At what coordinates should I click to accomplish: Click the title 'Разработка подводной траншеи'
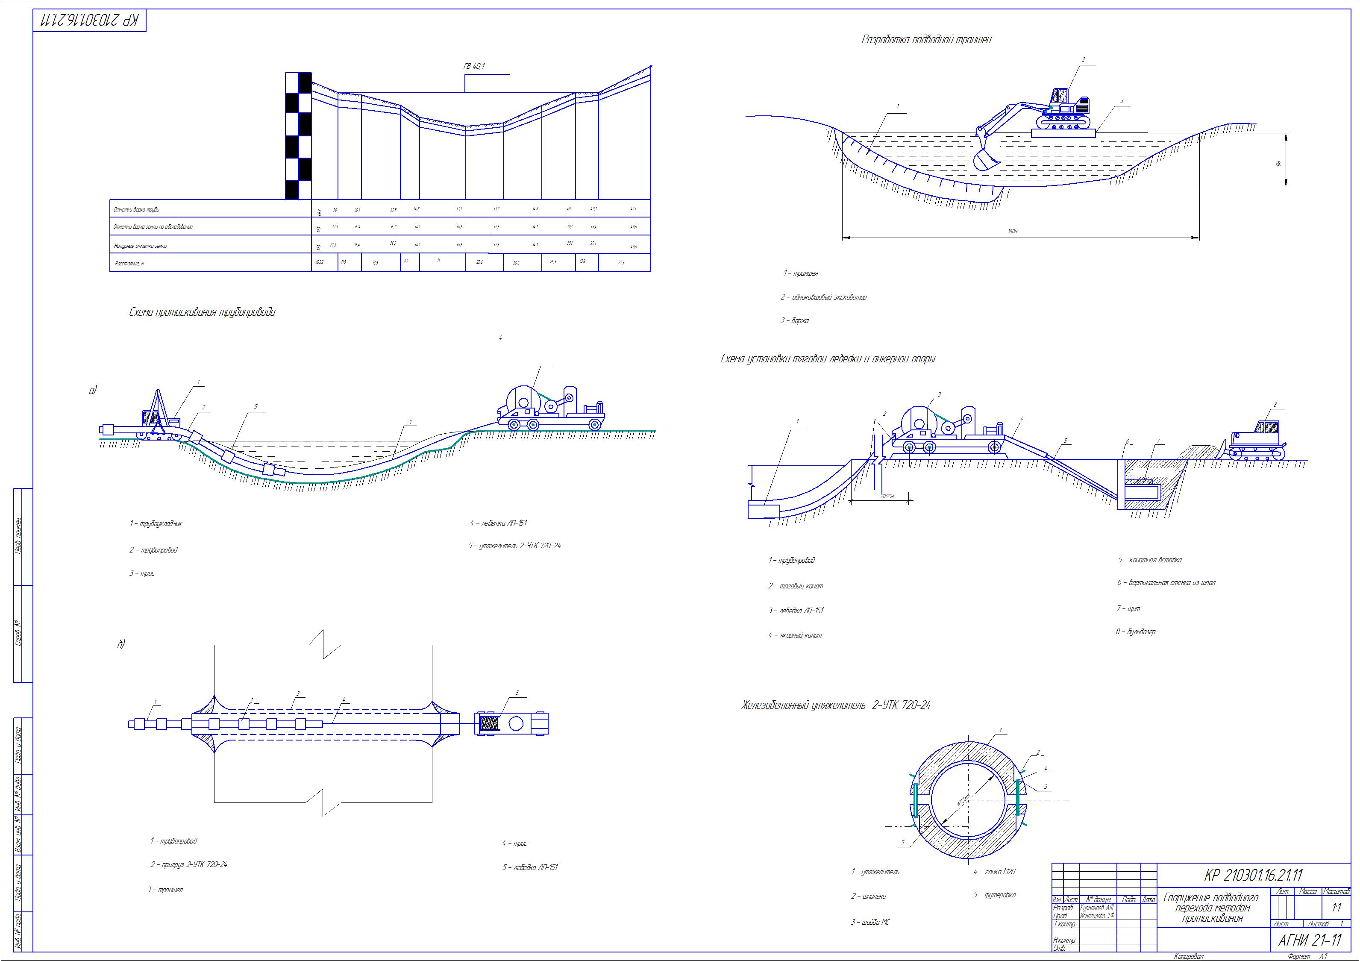926,40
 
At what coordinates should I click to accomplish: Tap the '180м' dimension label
1012,231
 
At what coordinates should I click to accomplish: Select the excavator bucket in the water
985,159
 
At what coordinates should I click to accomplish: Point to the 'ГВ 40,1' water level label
474,66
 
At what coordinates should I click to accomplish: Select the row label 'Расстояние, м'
129,263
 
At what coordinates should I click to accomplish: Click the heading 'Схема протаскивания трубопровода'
202,312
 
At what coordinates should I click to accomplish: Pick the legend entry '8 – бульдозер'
1136,632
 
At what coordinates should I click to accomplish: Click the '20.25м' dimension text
887,497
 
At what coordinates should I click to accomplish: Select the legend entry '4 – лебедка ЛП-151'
498,523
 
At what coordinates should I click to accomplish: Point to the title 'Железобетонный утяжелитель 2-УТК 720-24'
836,705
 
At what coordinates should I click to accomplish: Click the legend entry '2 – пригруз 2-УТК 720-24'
188,864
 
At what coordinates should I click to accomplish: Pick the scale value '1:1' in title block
1337,908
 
